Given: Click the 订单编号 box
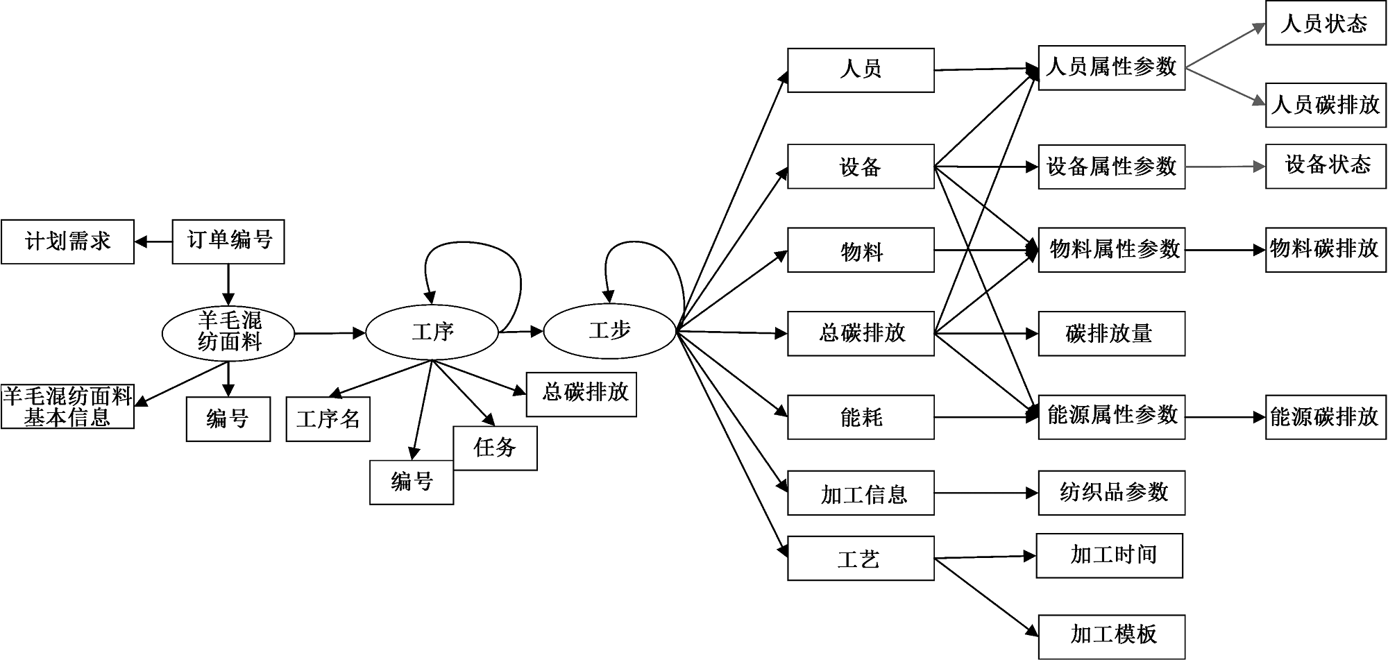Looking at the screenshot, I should [x=228, y=242].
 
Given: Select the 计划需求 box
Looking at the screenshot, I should [x=67, y=242].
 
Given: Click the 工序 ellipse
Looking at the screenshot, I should [x=432, y=332].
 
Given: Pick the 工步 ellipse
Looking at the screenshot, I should [x=609, y=331].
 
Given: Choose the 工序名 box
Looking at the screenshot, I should [x=328, y=419].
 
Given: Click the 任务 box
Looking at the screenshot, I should [x=495, y=448].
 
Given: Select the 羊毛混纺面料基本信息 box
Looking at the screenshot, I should [x=67, y=407].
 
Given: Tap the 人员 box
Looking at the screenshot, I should [x=861, y=70].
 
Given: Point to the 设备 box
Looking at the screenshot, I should [x=861, y=167].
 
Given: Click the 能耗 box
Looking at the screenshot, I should [x=861, y=417].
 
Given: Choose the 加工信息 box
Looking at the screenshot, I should [x=861, y=493].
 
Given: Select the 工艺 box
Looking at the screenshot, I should [x=861, y=559].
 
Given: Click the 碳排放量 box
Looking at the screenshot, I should [x=1111, y=334].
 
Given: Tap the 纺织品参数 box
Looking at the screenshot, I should [x=1111, y=493].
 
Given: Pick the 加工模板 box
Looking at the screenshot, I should [x=1111, y=635].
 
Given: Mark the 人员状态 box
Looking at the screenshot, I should [x=1325, y=24].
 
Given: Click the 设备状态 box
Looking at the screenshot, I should [x=1325, y=167].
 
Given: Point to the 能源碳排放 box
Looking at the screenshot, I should [x=1325, y=417].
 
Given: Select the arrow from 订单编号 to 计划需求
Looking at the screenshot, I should [x=153, y=242].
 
